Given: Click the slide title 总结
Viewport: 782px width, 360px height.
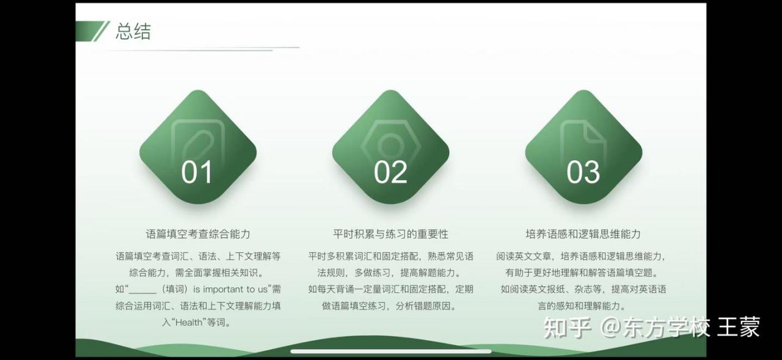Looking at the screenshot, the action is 133,31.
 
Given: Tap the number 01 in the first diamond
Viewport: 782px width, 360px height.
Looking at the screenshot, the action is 197,172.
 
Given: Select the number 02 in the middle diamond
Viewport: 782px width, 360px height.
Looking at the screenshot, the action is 390,172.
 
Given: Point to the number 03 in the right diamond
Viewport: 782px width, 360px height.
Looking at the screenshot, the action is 583,172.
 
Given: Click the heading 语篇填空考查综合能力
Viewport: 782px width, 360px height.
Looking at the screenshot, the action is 198,234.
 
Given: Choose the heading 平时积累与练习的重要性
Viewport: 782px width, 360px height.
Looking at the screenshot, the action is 390,234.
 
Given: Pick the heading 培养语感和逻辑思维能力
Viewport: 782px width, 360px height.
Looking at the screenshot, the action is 583,234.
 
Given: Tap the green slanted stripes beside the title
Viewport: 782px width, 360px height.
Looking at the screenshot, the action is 92,31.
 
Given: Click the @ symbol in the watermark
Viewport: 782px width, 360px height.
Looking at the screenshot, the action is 610,327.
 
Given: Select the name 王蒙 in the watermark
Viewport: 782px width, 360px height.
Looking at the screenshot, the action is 739,327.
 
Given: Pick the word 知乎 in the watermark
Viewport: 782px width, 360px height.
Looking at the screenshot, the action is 568,327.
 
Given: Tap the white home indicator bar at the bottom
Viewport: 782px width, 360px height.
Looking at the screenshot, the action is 391,351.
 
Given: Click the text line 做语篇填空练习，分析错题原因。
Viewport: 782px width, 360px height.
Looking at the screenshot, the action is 390,306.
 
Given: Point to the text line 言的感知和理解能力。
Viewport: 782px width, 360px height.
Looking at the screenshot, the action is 583,306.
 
